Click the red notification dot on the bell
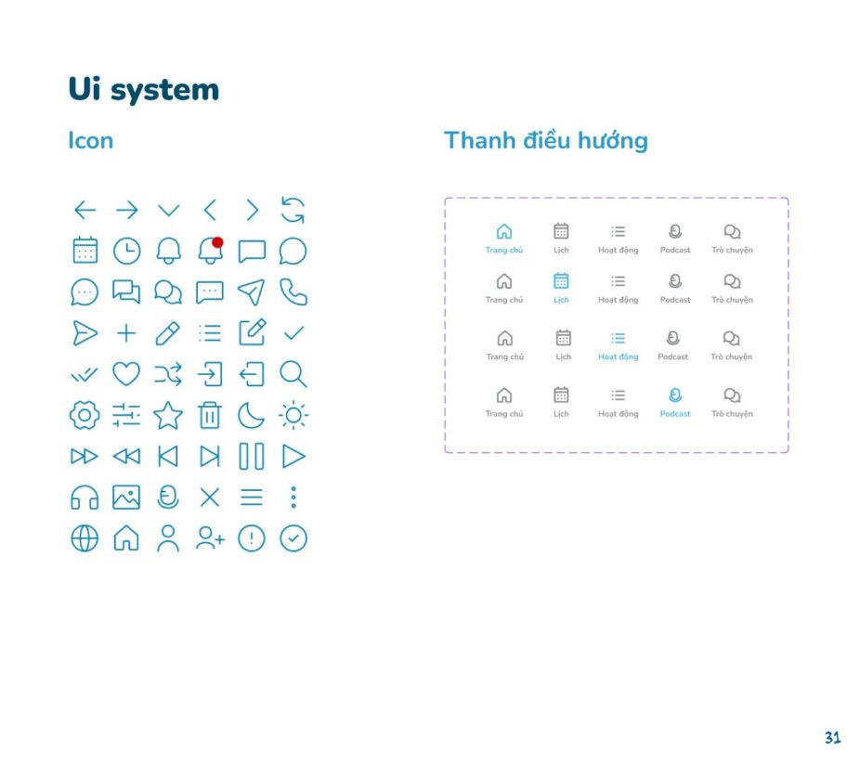tap(217, 242)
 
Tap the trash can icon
tap(210, 415)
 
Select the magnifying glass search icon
tap(293, 374)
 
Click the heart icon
tap(126, 374)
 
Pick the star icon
tap(168, 415)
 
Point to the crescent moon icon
tap(251, 415)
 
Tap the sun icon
tap(293, 415)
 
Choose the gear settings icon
tap(85, 415)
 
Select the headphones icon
tap(85, 498)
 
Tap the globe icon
tap(85, 538)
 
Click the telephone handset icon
tap(293, 291)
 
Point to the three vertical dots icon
tap(293, 497)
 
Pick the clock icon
tap(126, 251)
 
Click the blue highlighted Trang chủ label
tap(504, 250)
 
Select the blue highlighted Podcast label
tap(675, 414)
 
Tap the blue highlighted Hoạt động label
tap(619, 356)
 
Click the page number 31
tap(832, 738)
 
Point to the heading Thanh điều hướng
tap(546, 140)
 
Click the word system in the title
tap(164, 90)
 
